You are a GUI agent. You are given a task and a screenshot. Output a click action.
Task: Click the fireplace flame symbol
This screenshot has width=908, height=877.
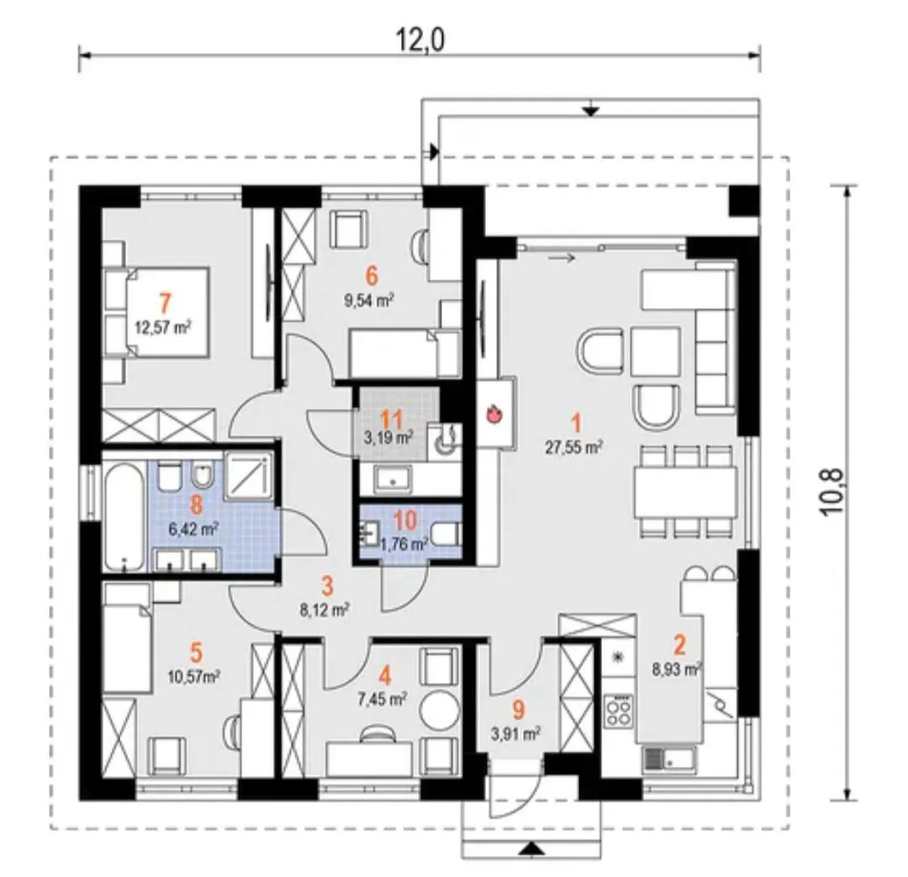(494, 414)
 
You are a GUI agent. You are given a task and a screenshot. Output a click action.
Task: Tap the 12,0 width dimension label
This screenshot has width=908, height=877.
(420, 40)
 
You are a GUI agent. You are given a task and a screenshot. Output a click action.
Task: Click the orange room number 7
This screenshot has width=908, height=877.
(165, 303)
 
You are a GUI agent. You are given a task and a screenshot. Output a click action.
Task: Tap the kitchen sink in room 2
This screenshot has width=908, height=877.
(669, 759)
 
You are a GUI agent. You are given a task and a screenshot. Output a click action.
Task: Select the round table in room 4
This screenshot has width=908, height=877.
(439, 711)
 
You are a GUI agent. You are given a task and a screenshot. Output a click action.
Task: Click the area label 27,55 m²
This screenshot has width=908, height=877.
(574, 446)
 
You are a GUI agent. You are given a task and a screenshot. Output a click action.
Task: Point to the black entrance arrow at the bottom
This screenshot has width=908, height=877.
(531, 850)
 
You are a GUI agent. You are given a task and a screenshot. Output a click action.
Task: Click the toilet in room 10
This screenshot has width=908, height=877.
(446, 533)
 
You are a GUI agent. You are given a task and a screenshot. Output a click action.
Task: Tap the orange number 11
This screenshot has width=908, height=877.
(392, 419)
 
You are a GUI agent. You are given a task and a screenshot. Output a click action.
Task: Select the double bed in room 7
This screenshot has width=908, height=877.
(156, 312)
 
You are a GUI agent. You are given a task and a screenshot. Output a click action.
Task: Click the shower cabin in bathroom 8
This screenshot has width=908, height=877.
(248, 475)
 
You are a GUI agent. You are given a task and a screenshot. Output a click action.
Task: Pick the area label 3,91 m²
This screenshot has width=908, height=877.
(515, 734)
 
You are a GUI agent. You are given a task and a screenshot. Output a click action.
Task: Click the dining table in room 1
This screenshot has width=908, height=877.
(686, 493)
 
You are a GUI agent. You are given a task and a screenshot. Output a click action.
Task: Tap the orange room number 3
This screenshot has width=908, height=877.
(327, 586)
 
